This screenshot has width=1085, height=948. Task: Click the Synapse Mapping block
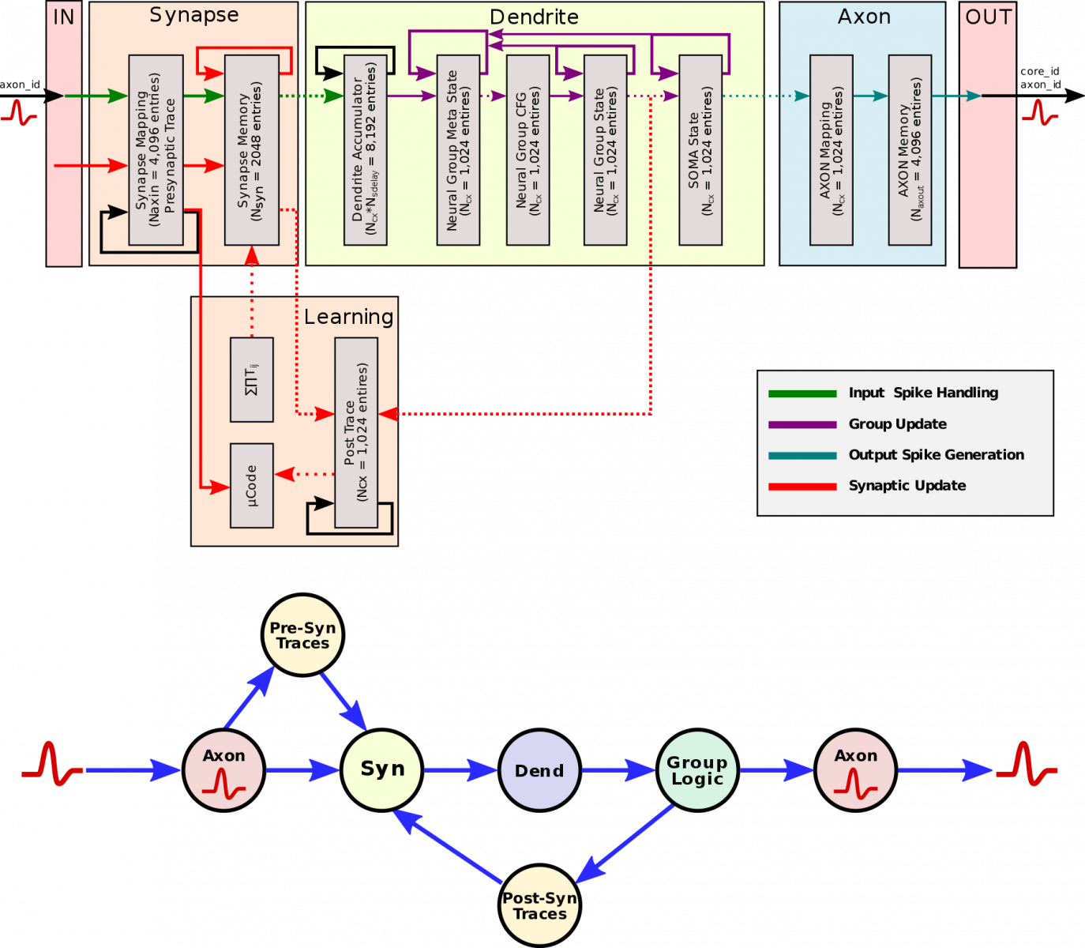click(156, 150)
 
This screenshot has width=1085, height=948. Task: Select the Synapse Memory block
click(252, 150)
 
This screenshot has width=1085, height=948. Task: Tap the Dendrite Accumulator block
click(366, 150)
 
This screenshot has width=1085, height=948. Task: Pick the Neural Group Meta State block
click(458, 150)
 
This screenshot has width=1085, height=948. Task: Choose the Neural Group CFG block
click(527, 150)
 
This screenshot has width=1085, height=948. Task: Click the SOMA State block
click(700, 150)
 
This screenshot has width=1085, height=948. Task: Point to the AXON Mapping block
click(832, 150)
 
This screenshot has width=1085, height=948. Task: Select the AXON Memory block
click(910, 150)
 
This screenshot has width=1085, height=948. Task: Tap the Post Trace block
click(356, 432)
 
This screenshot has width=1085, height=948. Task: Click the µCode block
click(252, 485)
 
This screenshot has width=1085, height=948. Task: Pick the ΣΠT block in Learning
click(252, 379)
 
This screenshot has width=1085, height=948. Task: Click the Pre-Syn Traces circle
click(302, 635)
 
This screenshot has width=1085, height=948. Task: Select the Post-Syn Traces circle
click(540, 905)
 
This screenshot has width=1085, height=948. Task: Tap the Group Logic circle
click(697, 770)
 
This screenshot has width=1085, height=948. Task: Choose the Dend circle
click(539, 770)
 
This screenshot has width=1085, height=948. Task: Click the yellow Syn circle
click(381, 770)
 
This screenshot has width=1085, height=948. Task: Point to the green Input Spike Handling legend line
click(802, 393)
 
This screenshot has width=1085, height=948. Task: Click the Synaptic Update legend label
click(907, 486)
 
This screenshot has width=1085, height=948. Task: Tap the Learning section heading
click(348, 317)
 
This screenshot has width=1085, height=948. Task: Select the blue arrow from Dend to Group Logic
click(618, 769)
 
